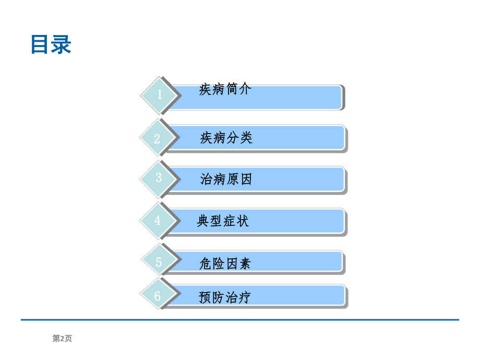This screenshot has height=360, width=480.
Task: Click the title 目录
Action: point(51,45)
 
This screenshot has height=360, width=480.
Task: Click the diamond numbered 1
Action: point(159,95)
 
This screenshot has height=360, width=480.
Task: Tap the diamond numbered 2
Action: point(158,138)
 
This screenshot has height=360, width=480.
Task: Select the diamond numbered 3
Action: point(158,178)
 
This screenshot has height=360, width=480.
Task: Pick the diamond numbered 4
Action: point(158,221)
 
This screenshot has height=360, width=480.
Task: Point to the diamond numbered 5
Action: point(159,262)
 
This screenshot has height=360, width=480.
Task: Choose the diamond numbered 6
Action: point(158,296)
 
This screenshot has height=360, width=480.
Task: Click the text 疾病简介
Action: point(225,89)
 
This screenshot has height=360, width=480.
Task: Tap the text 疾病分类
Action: point(226,138)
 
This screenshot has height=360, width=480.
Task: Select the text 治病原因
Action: point(226,180)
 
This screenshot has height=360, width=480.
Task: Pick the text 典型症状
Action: point(223,221)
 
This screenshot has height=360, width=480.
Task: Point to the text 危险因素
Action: point(225,263)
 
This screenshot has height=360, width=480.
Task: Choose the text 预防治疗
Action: point(225,297)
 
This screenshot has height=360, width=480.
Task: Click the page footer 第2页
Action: point(62,339)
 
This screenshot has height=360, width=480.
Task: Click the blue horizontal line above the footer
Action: point(240,320)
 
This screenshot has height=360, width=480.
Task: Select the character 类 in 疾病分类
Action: point(246,138)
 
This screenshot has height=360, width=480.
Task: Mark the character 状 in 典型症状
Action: point(243,221)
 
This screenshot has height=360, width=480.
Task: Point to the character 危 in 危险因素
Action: point(206,263)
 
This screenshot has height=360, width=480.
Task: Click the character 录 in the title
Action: point(61,45)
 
